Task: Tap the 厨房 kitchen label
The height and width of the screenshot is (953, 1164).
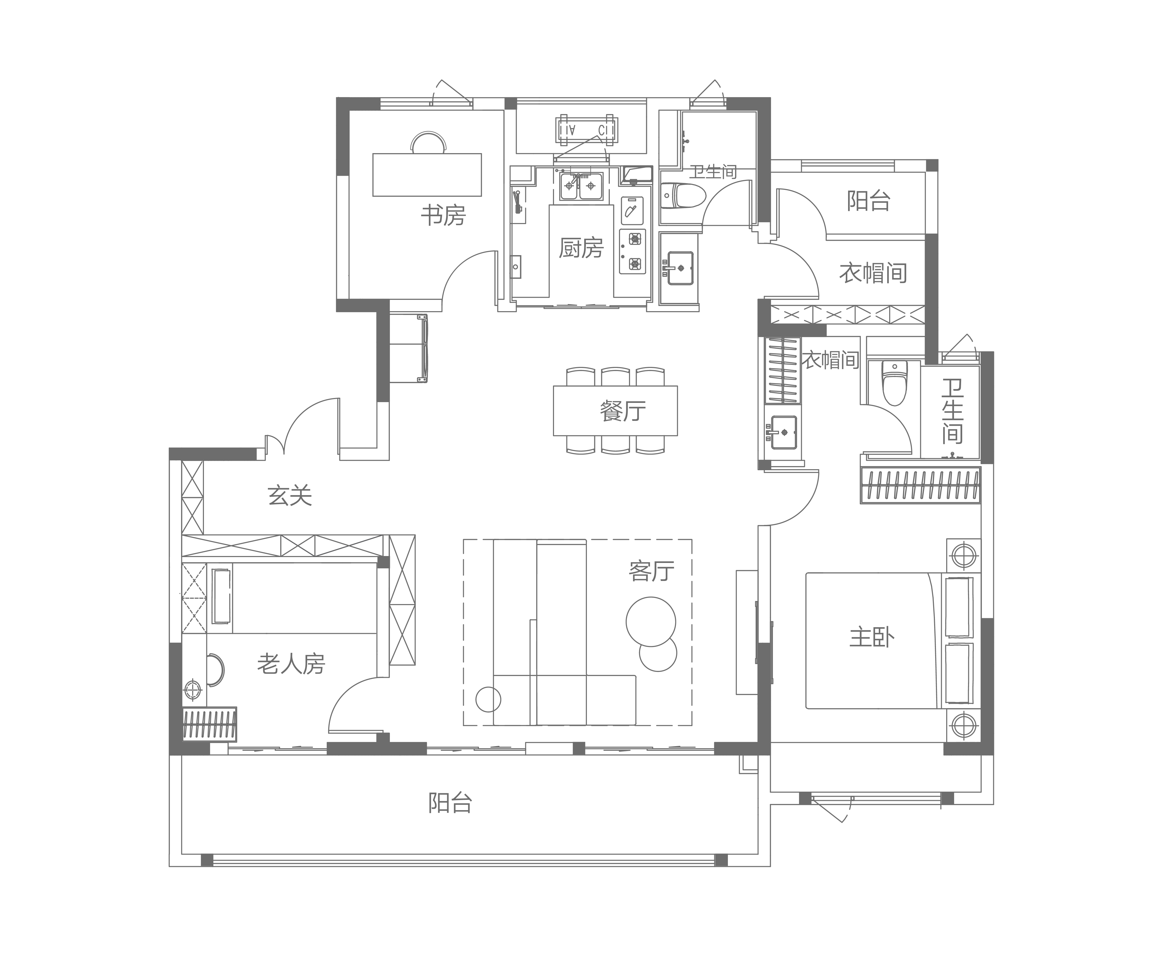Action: pyautogui.click(x=581, y=248)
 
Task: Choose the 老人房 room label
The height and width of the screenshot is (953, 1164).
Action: pyautogui.click(x=292, y=664)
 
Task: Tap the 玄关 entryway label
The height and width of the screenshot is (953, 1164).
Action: pyautogui.click(x=290, y=496)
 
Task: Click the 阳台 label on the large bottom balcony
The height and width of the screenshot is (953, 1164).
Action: pyautogui.click(x=450, y=803)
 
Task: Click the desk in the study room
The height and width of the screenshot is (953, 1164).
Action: pyautogui.click(x=427, y=174)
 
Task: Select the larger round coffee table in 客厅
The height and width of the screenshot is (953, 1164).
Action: pyautogui.click(x=651, y=622)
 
